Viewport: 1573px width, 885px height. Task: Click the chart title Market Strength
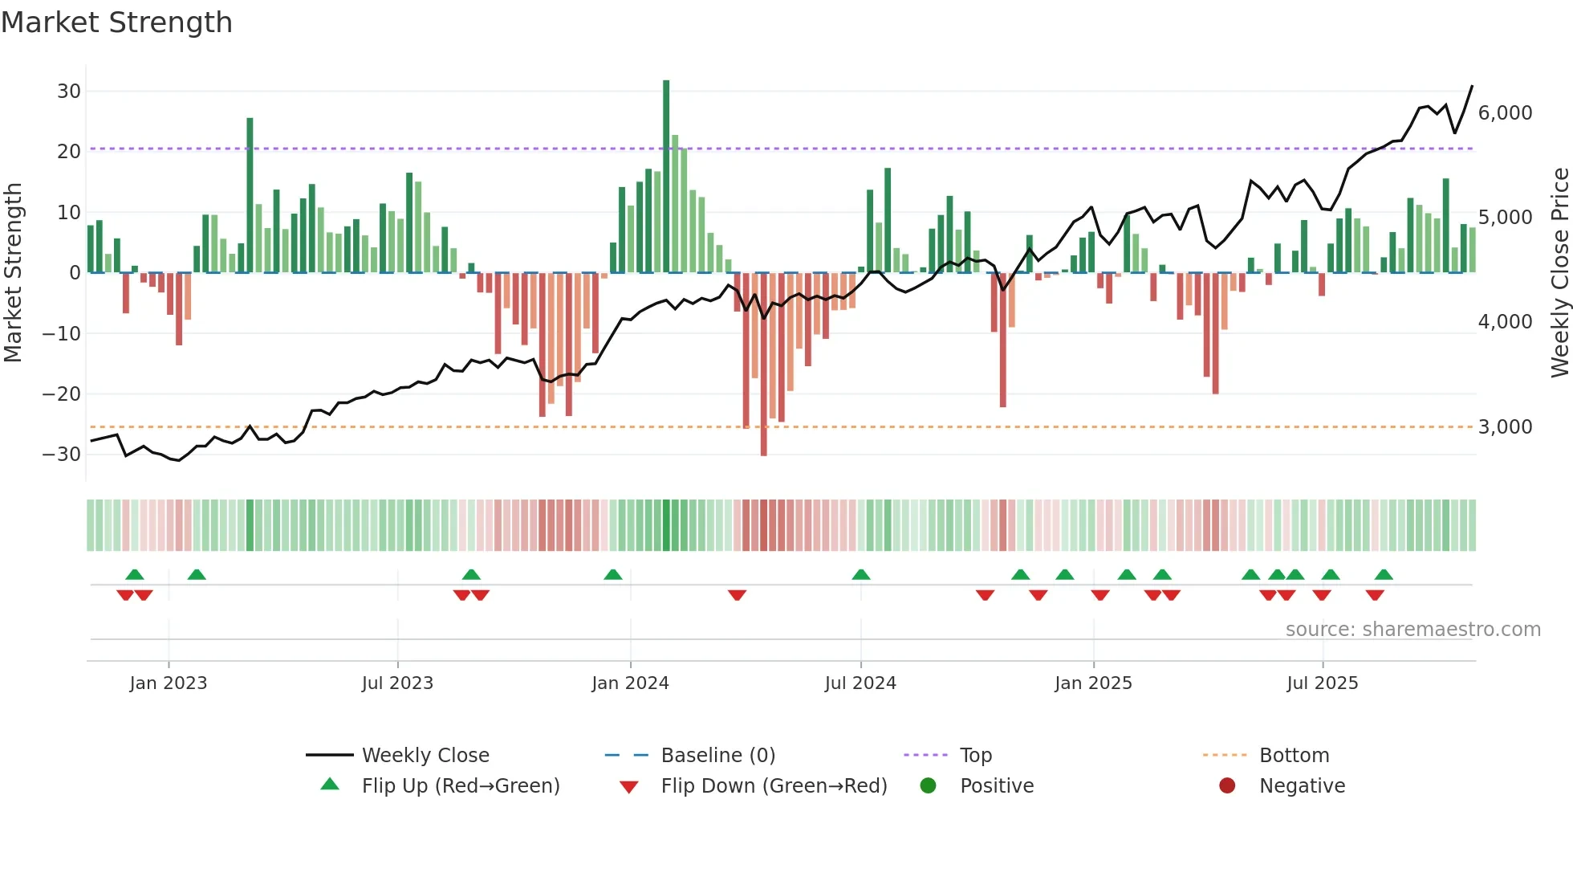pos(116,22)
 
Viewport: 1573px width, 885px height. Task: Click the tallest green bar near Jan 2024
pos(666,177)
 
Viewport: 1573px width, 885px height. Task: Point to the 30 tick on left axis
pos(69,92)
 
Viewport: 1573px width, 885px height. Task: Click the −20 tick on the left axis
pos(62,394)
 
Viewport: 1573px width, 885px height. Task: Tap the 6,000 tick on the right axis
pos(1505,113)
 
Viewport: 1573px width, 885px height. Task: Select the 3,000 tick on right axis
pos(1505,427)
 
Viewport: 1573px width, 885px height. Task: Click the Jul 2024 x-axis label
pos(860,683)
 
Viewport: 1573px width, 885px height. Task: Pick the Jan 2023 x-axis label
pos(169,683)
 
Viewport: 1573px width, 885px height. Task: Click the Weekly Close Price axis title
pos(1559,273)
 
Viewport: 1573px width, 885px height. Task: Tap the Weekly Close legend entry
pos(425,756)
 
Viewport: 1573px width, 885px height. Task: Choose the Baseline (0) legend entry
pos(717,756)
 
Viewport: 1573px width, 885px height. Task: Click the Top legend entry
pos(975,756)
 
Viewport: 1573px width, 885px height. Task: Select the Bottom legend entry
pos(1294,756)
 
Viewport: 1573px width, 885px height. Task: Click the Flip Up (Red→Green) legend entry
pos(460,786)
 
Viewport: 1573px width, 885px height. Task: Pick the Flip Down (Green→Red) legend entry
pos(773,786)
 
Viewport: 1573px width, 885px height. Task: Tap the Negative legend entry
pos(1301,786)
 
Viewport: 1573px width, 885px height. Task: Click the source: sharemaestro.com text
pos(1412,630)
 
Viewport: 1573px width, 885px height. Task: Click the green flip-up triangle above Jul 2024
pos(861,575)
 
